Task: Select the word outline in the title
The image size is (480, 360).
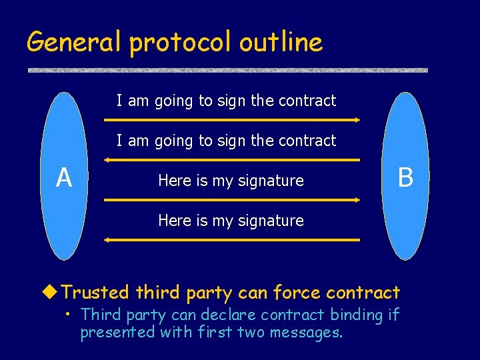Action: point(281,43)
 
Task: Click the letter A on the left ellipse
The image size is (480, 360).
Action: point(63,178)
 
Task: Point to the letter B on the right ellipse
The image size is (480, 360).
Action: point(405,178)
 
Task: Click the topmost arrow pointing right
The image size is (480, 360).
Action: point(232,120)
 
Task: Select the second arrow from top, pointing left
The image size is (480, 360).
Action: point(232,160)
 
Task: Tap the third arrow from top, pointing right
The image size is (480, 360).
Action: point(232,200)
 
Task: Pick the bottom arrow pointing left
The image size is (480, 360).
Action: point(232,240)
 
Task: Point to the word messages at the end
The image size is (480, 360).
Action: point(306,332)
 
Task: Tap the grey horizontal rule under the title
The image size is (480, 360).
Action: point(227,70)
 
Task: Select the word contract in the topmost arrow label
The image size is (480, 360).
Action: point(307,101)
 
